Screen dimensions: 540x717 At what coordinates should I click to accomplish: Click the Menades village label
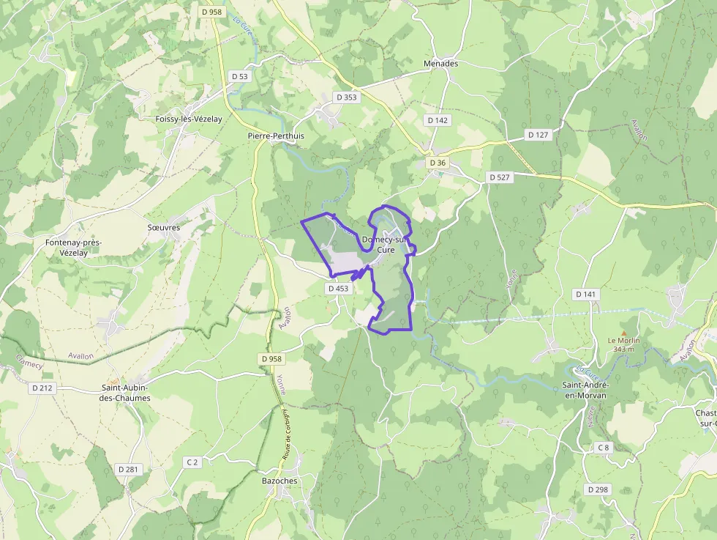(440, 64)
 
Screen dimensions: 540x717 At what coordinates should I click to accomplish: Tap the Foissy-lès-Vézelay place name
(189, 119)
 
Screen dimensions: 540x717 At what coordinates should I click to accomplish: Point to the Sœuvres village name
(164, 228)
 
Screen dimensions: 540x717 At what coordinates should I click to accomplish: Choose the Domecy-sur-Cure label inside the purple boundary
(385, 245)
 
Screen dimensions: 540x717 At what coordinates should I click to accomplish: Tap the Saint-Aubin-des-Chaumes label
(126, 393)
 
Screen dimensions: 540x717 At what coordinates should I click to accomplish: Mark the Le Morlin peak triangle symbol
(623, 332)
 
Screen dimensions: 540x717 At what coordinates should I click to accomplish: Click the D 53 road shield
(240, 76)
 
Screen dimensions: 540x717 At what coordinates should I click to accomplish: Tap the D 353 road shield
(348, 97)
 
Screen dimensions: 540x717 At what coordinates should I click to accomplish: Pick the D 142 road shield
(438, 120)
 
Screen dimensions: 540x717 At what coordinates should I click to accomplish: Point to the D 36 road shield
(438, 163)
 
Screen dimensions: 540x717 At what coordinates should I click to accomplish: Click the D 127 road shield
(538, 135)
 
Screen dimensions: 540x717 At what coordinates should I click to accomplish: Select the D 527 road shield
(500, 177)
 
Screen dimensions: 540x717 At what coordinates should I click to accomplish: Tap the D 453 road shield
(339, 289)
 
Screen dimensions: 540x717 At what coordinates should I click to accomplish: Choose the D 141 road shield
(586, 295)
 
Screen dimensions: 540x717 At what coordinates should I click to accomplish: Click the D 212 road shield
(42, 388)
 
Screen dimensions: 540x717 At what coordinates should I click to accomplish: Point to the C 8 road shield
(603, 447)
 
